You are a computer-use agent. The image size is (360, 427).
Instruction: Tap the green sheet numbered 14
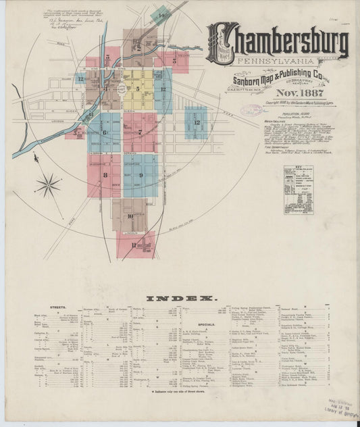coord(160,15)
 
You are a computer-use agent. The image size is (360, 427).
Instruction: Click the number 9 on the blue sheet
coord(141,176)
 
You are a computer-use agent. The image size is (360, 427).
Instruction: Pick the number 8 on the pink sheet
coord(105,175)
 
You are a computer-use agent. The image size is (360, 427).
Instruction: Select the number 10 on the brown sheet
coord(130,216)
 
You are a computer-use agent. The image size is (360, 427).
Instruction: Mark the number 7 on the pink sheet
coord(140,132)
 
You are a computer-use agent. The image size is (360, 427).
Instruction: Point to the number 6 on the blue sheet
coord(104,132)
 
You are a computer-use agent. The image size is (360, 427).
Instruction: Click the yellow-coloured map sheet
coord(138,89)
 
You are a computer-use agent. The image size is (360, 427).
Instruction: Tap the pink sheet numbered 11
coord(135,245)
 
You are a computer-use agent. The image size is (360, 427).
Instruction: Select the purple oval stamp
coord(251,109)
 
